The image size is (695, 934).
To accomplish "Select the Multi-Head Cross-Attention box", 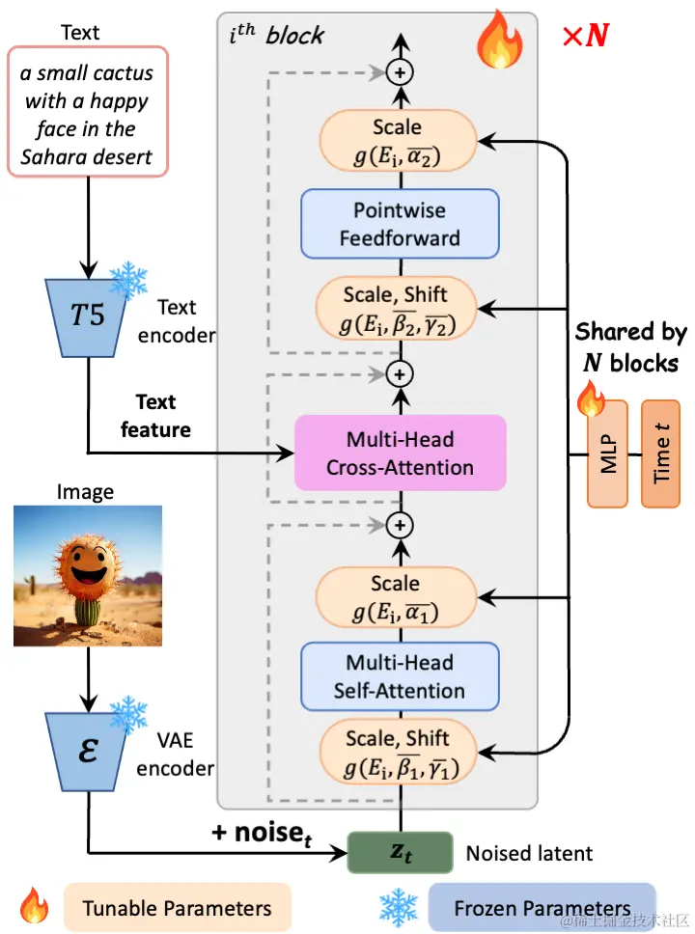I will [400, 453].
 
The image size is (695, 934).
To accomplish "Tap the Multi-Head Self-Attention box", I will [400, 676].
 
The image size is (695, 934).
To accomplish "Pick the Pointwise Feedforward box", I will [400, 223].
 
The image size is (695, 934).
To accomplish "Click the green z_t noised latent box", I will [399, 852].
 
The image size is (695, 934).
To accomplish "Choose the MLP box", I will [607, 453].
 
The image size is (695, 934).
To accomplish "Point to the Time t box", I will [660, 453].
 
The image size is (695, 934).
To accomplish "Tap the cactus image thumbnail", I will [87, 576].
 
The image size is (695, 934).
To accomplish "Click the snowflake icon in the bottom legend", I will [397, 908].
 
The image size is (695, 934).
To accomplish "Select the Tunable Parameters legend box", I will [177, 908].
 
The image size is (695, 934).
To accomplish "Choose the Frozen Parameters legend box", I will [542, 908].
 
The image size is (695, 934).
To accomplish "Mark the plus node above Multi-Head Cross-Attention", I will [399, 371].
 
